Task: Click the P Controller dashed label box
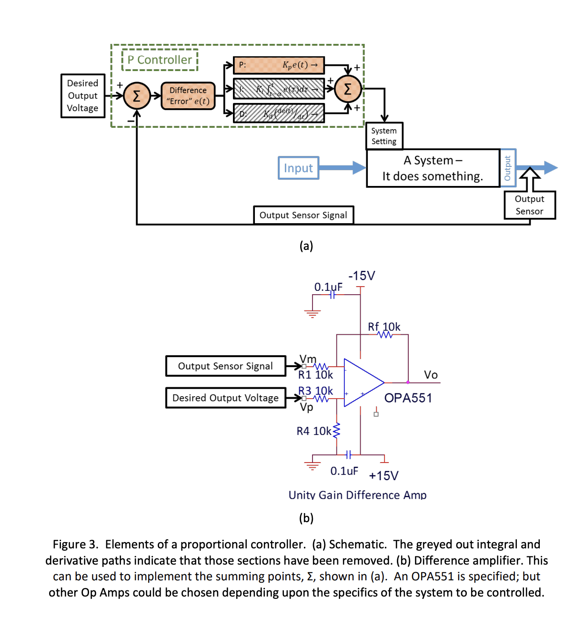click(x=160, y=60)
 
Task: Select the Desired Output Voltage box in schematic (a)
click(x=82, y=96)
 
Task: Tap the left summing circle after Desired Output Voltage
click(x=136, y=96)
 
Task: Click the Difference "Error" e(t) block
click(x=188, y=96)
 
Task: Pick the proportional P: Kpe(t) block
click(x=279, y=65)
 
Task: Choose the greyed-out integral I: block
click(x=279, y=89)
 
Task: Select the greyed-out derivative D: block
click(x=279, y=113)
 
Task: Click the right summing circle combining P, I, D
click(x=347, y=89)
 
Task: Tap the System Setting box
click(x=384, y=136)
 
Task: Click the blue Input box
click(x=298, y=168)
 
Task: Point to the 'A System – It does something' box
click(x=433, y=168)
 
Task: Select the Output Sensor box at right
click(x=529, y=205)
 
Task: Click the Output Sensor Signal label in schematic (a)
click(x=303, y=215)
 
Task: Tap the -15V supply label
click(x=362, y=276)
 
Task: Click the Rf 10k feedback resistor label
click(x=384, y=327)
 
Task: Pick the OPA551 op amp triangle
click(x=362, y=382)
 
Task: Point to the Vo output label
click(x=431, y=375)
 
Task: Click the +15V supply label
click(x=383, y=475)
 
